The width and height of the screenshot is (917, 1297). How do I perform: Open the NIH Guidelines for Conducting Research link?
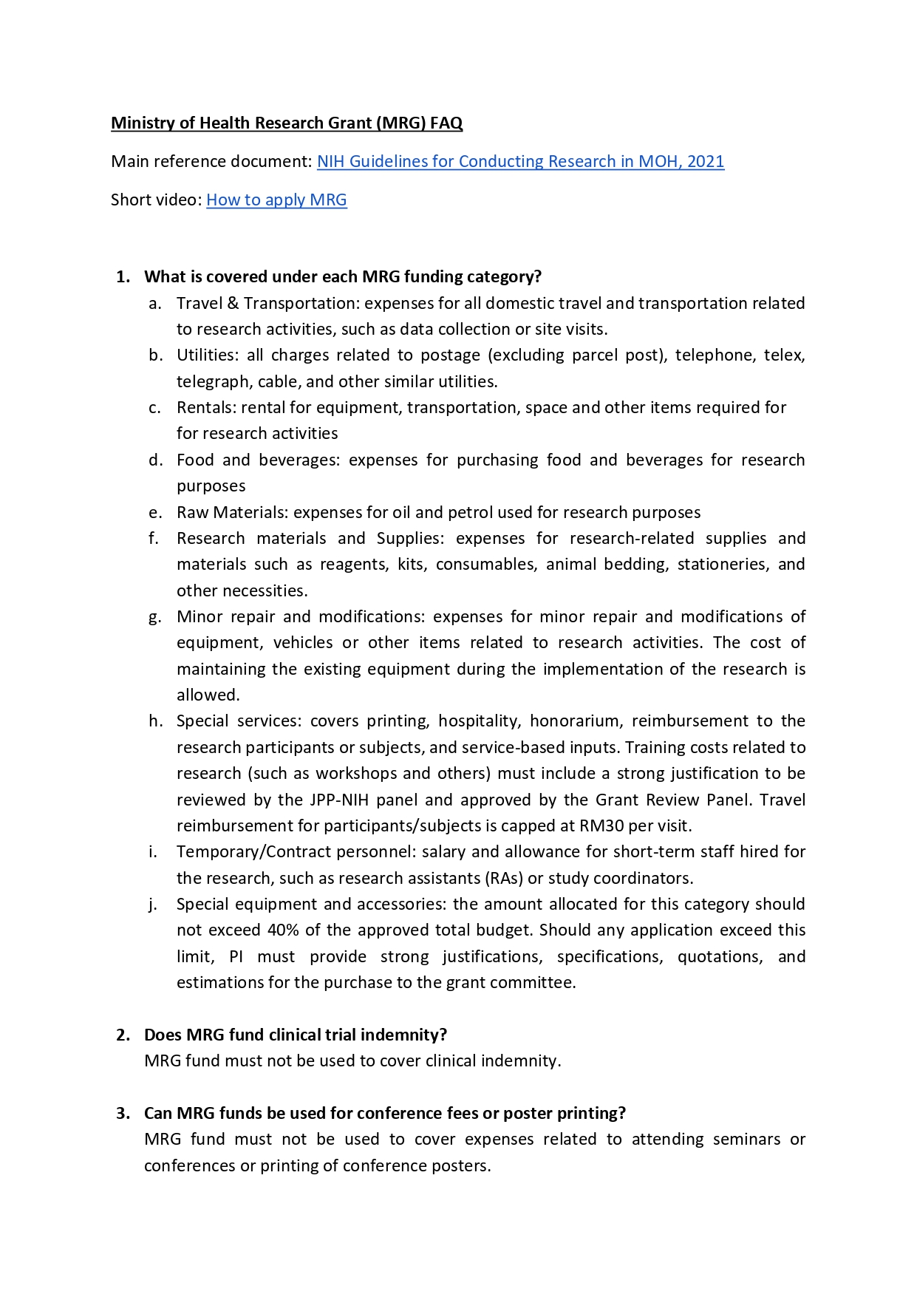[x=520, y=162]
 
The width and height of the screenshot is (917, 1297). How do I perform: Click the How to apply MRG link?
[x=276, y=200]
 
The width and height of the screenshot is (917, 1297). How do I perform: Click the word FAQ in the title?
[x=446, y=123]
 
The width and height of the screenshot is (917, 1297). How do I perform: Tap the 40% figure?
[x=283, y=930]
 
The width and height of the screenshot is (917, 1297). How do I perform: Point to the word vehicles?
[x=303, y=643]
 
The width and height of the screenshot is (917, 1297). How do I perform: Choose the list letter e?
[x=154, y=513]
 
